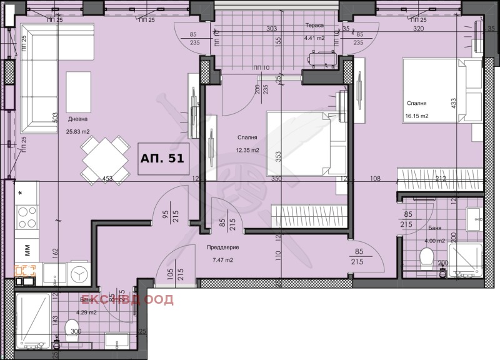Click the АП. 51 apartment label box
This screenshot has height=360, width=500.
(162, 158)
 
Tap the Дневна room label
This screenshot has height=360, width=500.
(77, 119)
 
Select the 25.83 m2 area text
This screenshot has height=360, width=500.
(79, 131)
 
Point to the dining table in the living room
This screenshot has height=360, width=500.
(103, 159)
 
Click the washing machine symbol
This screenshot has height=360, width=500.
(79, 274)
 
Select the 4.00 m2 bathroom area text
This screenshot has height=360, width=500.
(434, 241)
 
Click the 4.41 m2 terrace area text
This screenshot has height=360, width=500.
(315, 39)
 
